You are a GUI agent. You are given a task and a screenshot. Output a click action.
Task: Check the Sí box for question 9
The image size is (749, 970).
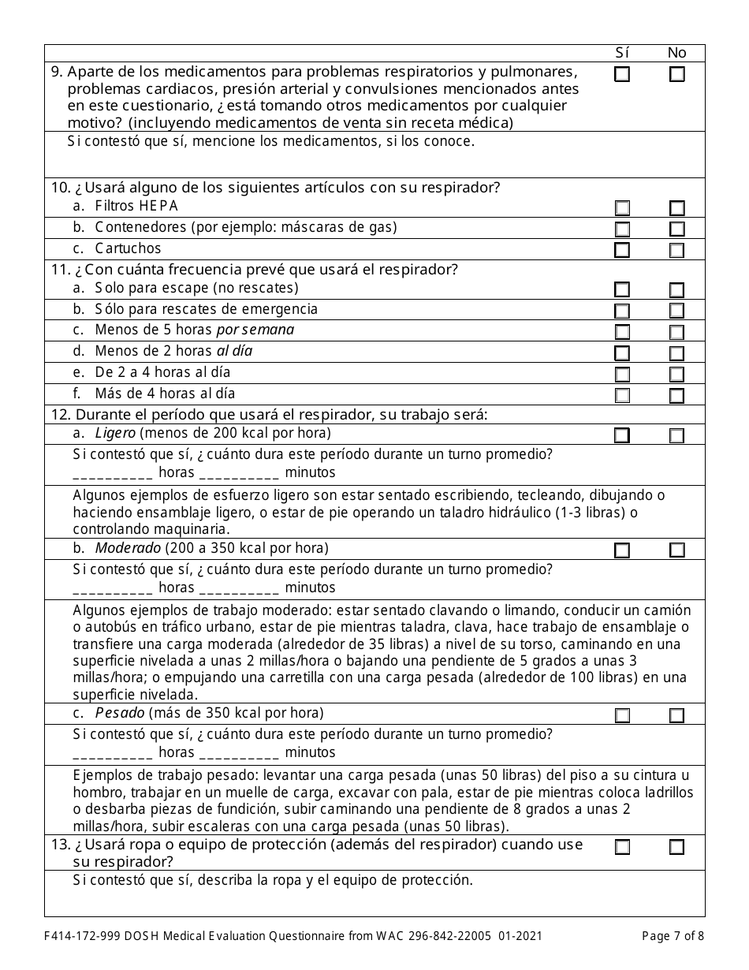click(x=622, y=75)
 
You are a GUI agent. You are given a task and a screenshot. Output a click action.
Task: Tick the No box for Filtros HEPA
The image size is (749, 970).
click(x=676, y=208)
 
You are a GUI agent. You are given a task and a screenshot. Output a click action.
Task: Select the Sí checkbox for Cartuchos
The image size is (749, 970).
click(x=622, y=250)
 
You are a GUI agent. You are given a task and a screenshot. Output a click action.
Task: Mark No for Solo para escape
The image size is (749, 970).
click(x=676, y=289)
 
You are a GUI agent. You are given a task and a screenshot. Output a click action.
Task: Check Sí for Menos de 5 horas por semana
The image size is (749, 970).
click(x=622, y=332)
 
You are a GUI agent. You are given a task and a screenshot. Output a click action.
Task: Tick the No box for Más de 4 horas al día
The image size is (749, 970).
click(x=676, y=395)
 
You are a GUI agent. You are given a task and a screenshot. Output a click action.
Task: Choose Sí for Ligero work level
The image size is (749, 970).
click(x=622, y=435)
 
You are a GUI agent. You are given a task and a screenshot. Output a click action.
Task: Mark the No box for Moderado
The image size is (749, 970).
click(x=676, y=550)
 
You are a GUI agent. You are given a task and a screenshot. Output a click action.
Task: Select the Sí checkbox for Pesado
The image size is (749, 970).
click(x=622, y=715)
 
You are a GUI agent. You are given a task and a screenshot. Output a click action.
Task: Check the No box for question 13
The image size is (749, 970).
click(x=676, y=847)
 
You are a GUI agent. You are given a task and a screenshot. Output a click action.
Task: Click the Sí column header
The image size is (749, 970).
click(x=622, y=53)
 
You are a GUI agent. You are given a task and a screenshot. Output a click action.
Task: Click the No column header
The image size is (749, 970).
click(x=676, y=53)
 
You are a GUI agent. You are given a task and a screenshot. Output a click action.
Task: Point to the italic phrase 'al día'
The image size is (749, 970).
click(x=234, y=351)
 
